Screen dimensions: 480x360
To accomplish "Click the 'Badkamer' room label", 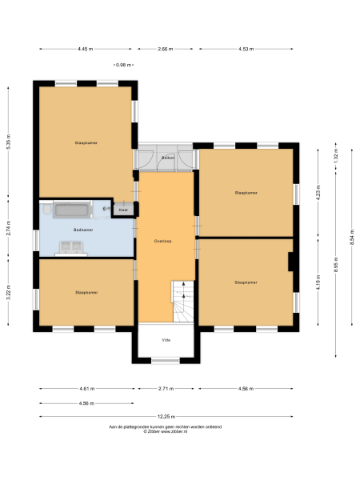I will tap(82, 230).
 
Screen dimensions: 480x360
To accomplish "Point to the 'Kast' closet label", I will tap(123, 210).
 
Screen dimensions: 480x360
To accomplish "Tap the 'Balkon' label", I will tap(168, 159).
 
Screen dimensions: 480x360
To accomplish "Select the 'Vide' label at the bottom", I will tap(166, 340).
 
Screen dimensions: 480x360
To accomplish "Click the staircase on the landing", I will tap(182, 302).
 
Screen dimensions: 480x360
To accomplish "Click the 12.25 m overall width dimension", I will tap(166, 417).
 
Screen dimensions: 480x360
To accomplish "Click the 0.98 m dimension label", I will tap(122, 65).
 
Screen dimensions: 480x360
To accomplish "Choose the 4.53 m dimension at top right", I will tap(246, 49).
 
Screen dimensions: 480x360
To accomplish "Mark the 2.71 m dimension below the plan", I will tap(166, 389).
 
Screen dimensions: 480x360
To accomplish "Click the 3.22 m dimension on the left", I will tap(9, 291).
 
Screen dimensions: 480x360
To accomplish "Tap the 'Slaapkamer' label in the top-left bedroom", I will tap(86, 143).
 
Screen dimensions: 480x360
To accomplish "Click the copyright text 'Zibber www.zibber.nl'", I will tap(166, 432).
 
